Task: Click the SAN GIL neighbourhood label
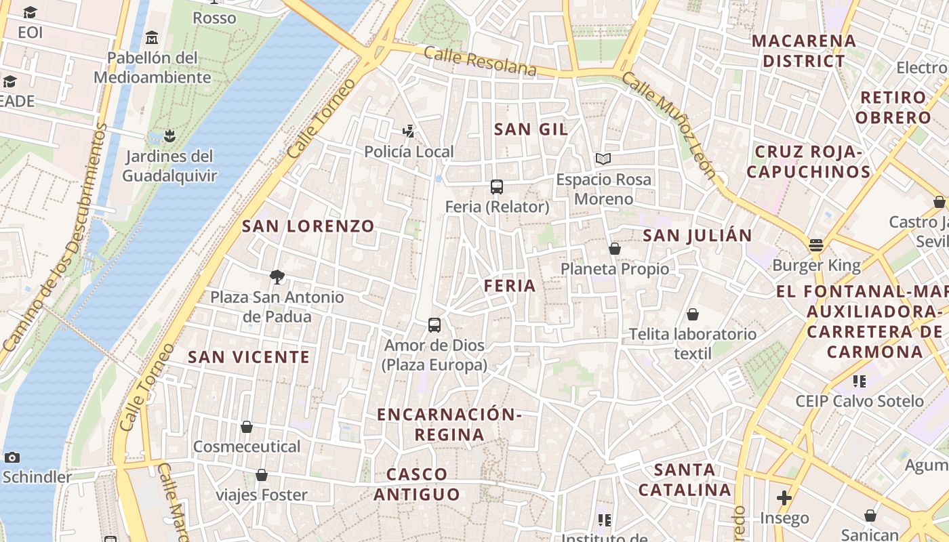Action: (x=531, y=129)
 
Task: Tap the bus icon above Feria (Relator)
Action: (x=497, y=187)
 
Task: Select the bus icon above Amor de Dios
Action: (x=435, y=325)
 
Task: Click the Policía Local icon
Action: (x=408, y=131)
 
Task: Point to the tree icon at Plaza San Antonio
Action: (x=277, y=276)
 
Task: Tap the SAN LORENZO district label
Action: (x=308, y=226)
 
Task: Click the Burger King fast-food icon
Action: (x=816, y=245)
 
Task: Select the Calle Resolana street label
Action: (x=480, y=62)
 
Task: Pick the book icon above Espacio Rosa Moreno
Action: (x=603, y=159)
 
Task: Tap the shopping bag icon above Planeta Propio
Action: (x=615, y=249)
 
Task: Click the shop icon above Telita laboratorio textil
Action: (x=693, y=314)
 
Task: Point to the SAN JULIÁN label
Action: (x=697, y=235)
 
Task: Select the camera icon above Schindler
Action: (x=12, y=457)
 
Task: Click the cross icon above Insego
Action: (x=784, y=499)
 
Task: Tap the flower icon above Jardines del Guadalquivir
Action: (x=169, y=136)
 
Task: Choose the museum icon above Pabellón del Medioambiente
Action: (x=152, y=37)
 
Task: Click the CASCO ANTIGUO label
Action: (x=417, y=484)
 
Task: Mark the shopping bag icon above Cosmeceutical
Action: (x=247, y=427)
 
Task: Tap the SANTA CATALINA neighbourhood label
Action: (x=685, y=479)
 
